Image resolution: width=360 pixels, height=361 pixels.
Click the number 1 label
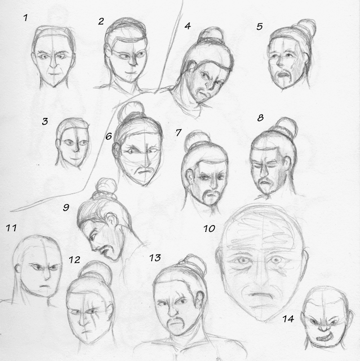click(25, 17)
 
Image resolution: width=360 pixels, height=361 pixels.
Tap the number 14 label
click(288, 319)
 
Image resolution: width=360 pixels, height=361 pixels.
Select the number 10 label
click(209, 228)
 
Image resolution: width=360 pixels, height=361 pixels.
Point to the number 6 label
click(109, 137)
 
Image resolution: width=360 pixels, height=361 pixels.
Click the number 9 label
click(66, 208)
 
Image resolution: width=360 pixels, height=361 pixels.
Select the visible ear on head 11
click(17, 269)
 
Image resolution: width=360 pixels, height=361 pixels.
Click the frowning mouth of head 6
click(143, 171)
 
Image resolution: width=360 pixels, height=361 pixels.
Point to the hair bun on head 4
click(211, 34)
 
